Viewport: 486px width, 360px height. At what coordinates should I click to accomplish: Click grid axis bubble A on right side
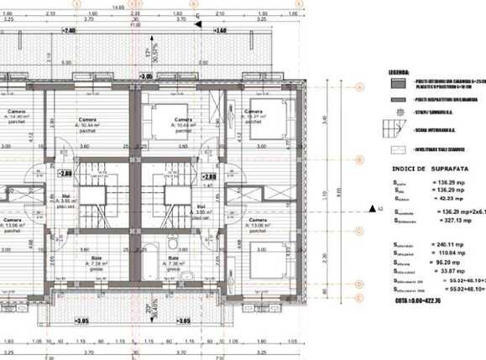(358, 87)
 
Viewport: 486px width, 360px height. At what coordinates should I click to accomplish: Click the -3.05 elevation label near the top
(145, 76)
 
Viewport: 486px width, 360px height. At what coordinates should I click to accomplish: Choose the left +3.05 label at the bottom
(81, 320)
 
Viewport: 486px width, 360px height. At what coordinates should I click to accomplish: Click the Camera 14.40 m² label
(16, 116)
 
